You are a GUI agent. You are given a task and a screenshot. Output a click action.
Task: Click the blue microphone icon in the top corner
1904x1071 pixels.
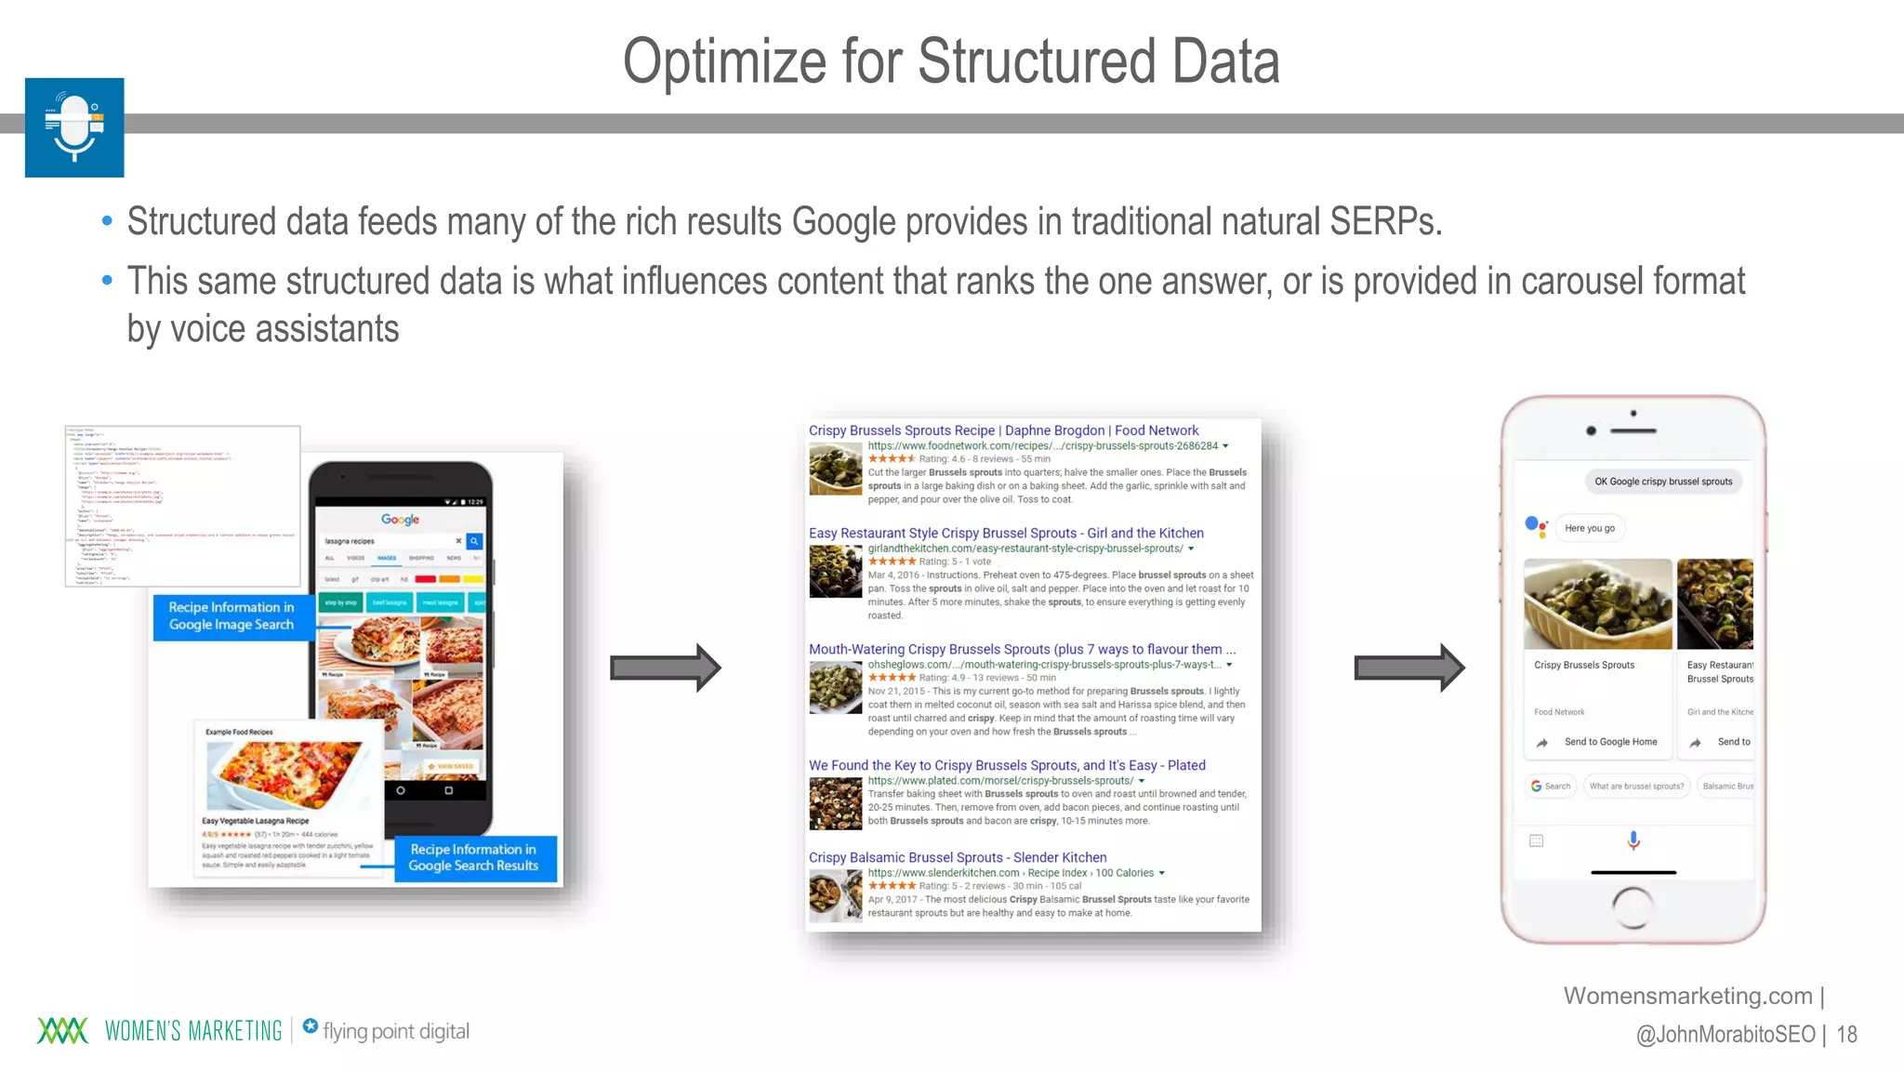click(x=74, y=127)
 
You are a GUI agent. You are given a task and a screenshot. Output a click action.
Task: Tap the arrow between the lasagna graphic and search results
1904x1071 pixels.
click(x=665, y=668)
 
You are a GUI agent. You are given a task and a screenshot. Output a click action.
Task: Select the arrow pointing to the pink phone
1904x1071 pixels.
click(x=1408, y=668)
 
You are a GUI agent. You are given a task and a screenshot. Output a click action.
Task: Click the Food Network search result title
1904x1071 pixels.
click(x=1003, y=430)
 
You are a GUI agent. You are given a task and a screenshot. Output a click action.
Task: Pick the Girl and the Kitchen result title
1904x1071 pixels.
click(x=1006, y=533)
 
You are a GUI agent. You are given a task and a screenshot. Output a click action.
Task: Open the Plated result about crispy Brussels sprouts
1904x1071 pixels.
click(x=1007, y=765)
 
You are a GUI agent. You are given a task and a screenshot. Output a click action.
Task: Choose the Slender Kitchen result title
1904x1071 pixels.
click(x=958, y=857)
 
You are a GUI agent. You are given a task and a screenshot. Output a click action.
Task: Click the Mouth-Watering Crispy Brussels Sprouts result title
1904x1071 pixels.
click(x=1022, y=649)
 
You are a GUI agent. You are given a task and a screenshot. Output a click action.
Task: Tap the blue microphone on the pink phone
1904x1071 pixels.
click(x=1633, y=840)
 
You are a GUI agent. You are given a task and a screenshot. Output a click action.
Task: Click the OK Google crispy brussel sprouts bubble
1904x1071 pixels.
click(x=1663, y=482)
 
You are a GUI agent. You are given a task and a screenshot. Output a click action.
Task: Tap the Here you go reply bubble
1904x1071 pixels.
click(x=1590, y=528)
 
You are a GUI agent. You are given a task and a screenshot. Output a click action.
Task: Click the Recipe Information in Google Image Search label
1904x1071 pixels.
click(x=231, y=615)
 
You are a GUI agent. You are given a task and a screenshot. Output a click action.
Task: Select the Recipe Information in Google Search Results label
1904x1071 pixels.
click(x=474, y=857)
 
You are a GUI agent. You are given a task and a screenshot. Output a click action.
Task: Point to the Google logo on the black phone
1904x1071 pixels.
click(x=400, y=520)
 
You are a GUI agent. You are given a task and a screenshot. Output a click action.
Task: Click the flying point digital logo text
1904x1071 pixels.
click(x=395, y=1031)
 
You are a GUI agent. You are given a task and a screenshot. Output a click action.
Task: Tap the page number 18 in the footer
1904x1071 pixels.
click(x=1846, y=1034)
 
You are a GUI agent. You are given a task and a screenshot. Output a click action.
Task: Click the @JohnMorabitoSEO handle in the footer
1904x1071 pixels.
click(x=1725, y=1034)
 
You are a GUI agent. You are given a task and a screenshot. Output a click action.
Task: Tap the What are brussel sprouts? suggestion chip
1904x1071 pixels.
click(x=1636, y=787)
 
